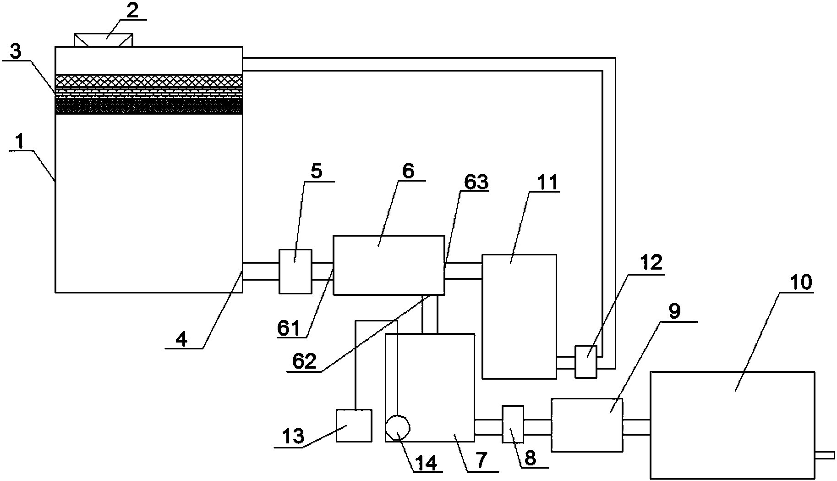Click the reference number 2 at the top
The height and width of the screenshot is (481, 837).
132,11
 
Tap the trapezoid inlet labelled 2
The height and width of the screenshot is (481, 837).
104,39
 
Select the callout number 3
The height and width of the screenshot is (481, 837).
16,52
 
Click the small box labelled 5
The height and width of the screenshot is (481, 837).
295,271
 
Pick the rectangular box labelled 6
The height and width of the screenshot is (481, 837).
388,265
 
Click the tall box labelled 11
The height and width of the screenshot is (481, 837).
519,316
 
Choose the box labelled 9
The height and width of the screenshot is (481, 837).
587,425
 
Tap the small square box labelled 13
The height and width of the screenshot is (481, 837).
354,426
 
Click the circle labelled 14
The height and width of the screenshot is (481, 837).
397,427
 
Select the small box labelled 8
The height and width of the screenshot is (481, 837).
513,424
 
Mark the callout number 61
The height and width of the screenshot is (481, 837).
288,329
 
